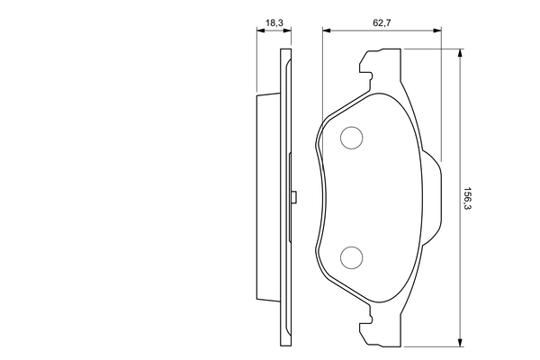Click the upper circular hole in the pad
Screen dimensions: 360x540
coord(350,138)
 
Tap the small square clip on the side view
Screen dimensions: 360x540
coord(294,197)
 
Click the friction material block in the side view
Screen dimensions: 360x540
coord(268,198)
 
